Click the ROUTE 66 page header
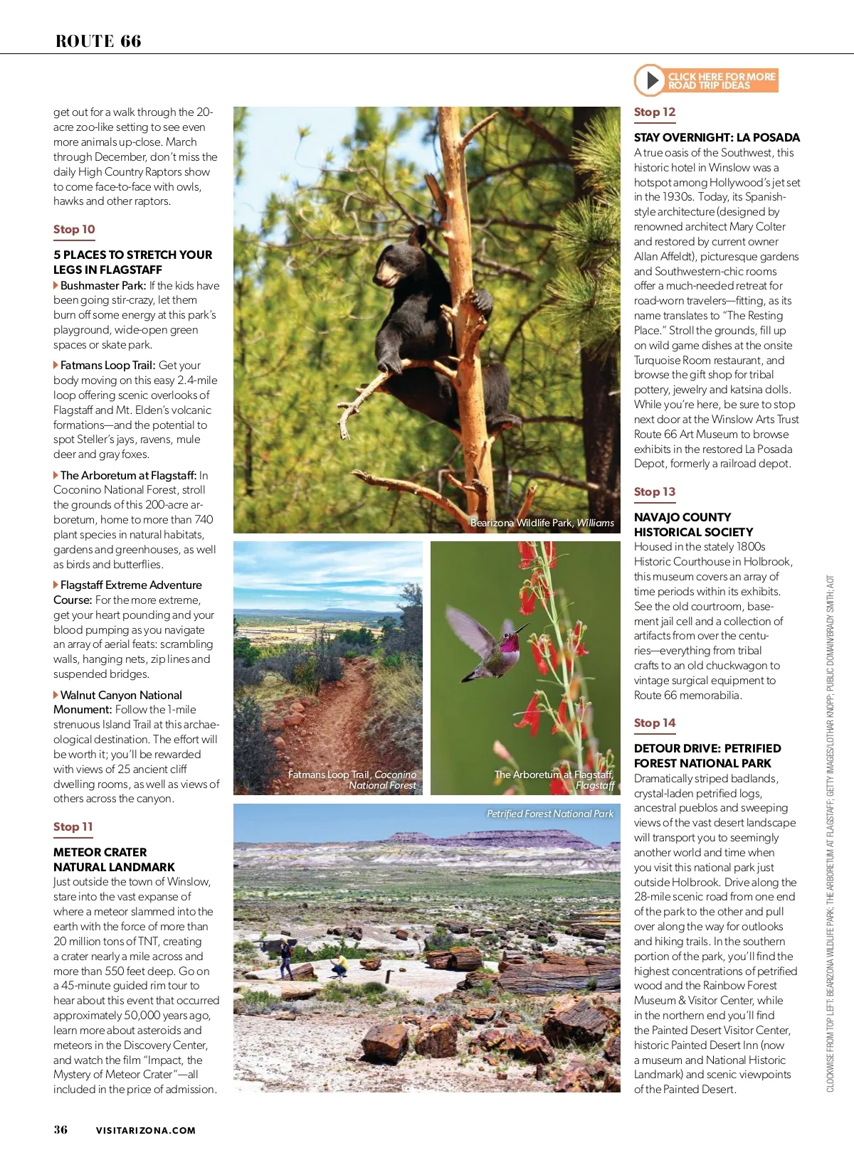click(98, 41)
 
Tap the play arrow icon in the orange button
click(650, 80)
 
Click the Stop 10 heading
click(74, 230)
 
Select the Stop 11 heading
click(73, 827)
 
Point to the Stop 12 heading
click(655, 112)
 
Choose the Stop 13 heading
click(655, 492)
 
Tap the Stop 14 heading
click(655, 723)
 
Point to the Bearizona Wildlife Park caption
click(542, 523)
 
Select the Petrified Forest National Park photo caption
click(549, 814)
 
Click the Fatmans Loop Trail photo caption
click(352, 779)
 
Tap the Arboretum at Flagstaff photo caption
click(554, 779)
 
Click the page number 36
click(60, 1129)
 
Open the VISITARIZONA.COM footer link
click(146, 1130)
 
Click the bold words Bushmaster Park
click(103, 286)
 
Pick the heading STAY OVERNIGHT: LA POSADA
click(717, 138)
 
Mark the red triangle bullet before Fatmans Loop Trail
click(56, 366)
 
